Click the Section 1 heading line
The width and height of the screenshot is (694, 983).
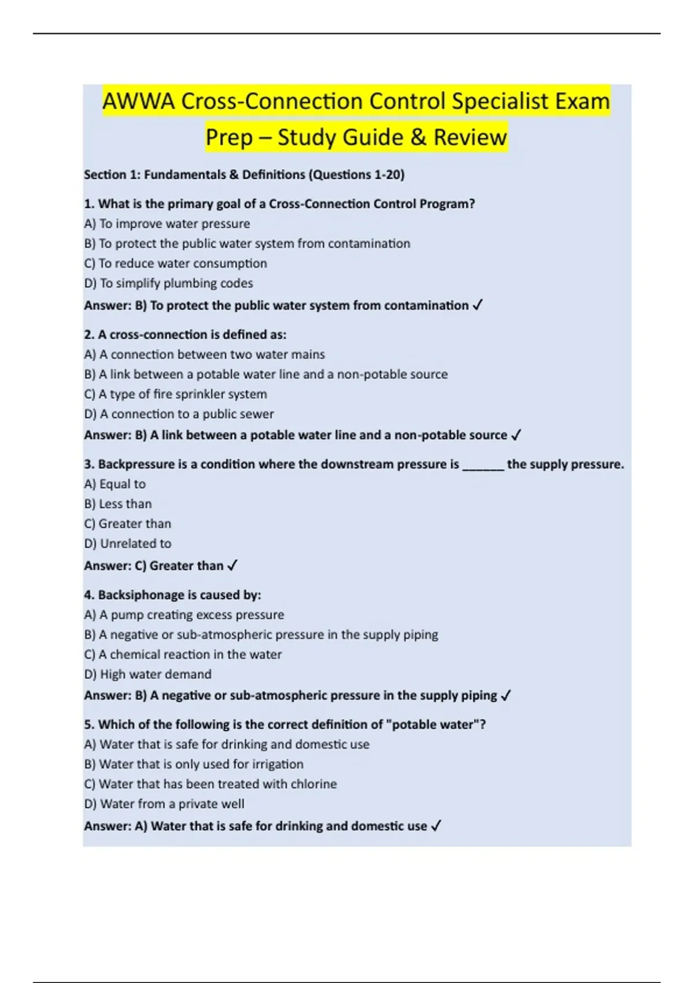point(244,175)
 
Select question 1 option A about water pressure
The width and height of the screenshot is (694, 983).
point(167,224)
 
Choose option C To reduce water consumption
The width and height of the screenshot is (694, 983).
point(175,264)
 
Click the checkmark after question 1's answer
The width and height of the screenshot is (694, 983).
point(478,305)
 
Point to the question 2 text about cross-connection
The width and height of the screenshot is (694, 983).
point(185,335)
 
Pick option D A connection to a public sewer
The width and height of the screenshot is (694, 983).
point(179,414)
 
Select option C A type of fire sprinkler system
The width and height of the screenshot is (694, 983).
point(175,394)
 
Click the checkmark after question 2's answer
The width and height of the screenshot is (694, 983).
point(516,435)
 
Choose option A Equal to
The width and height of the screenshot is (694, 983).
point(115,484)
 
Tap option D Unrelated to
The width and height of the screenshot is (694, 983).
point(128,544)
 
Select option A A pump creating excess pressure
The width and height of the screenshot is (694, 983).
point(184,615)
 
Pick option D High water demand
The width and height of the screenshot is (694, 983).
point(147,674)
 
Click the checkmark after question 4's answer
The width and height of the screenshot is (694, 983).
point(506,696)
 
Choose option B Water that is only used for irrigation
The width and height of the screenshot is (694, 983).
point(194,764)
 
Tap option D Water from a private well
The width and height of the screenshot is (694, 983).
point(164,804)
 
